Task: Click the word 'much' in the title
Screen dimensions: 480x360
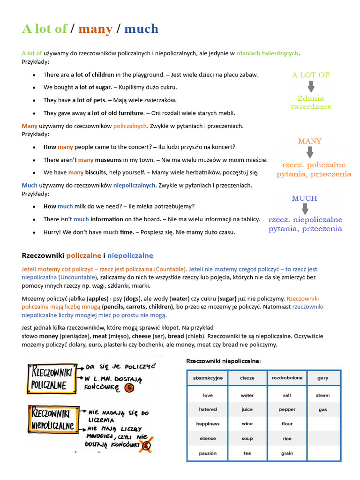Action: [x=141, y=29]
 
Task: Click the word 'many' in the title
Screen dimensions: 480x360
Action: [x=96, y=29]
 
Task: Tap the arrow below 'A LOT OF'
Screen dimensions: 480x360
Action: [x=310, y=86]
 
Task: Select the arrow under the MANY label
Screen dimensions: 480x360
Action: [x=310, y=152]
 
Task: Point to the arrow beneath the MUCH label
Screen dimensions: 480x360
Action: [x=304, y=208]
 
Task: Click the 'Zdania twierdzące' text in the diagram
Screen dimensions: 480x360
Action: [x=311, y=103]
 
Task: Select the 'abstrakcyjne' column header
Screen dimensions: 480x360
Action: [x=208, y=378]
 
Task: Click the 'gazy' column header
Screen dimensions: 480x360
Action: [x=322, y=378]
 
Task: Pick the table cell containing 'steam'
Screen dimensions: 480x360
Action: [x=322, y=395]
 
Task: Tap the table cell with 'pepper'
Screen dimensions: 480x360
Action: [x=287, y=409]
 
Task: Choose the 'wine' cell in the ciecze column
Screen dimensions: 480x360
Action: [x=247, y=424]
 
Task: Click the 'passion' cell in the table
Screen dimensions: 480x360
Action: [x=208, y=453]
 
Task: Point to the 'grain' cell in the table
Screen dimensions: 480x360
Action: [x=287, y=453]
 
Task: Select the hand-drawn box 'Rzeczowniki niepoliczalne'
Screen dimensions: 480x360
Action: [x=52, y=420]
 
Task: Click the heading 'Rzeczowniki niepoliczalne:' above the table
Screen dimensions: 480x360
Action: [x=224, y=361]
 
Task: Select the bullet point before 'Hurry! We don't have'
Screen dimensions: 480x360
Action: [x=34, y=232]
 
